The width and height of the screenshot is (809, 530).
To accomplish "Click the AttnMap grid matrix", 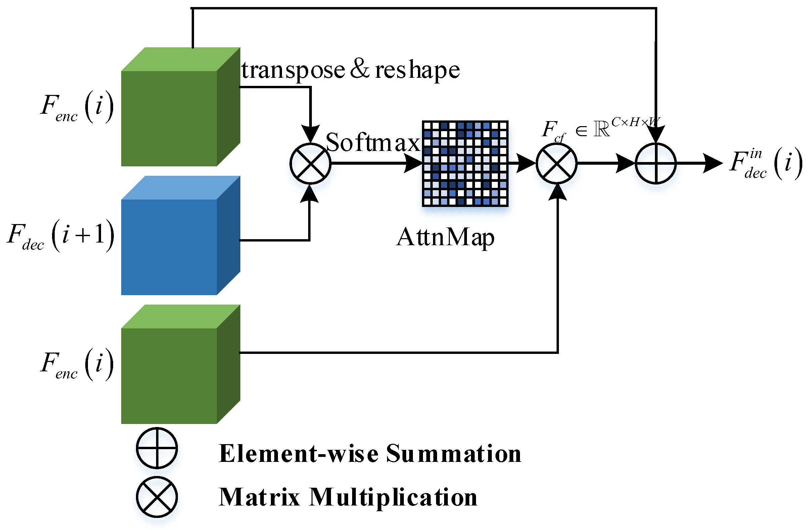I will coord(465,163).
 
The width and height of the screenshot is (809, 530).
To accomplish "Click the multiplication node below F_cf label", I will coord(557,164).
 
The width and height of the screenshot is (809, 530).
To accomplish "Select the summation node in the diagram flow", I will coord(656,164).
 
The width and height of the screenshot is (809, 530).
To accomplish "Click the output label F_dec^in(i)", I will coord(765,164).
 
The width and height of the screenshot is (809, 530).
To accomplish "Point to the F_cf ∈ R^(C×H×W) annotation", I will coord(600,129).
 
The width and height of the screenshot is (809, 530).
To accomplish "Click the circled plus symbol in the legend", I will coord(157,448).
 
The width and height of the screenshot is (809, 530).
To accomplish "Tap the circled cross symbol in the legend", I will coord(157,497).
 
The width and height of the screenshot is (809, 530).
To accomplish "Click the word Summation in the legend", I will coord(454,454).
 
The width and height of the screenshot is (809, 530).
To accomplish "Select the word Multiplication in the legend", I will coord(393,497).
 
